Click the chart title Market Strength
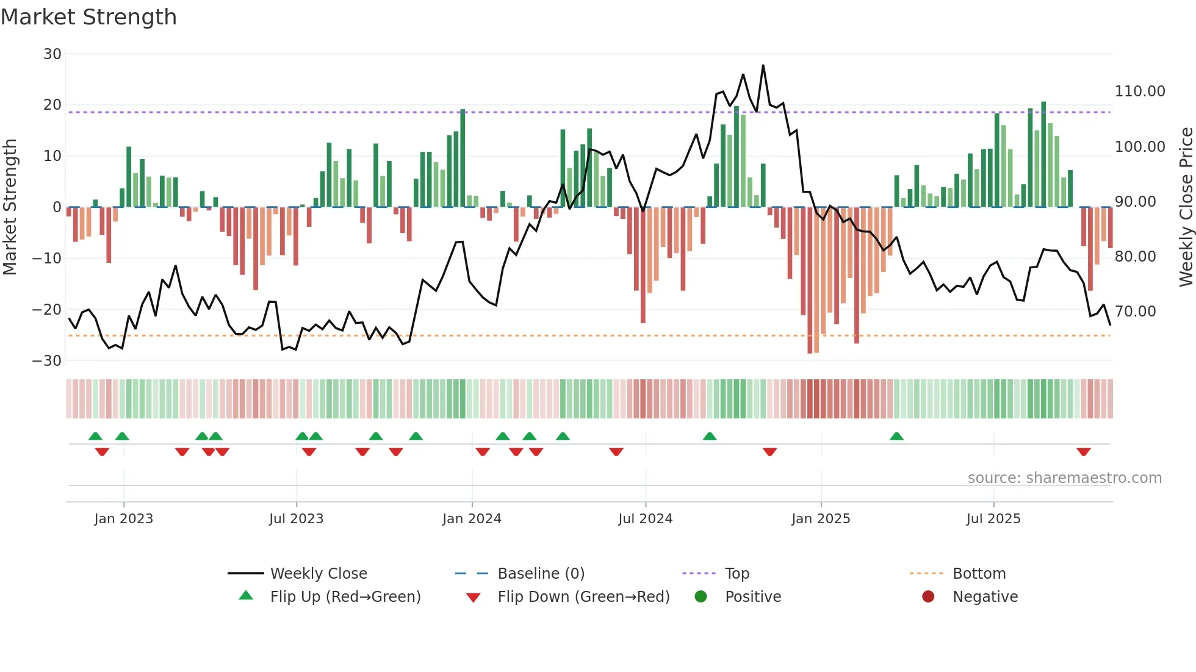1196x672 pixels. point(88,17)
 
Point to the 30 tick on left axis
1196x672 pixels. point(52,54)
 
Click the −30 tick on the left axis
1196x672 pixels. point(47,360)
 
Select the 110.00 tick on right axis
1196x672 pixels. point(1139,91)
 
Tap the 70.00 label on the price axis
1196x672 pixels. point(1135,312)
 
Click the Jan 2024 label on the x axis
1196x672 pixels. point(471,519)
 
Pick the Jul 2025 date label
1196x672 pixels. point(993,519)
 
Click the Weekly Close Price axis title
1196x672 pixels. point(1186,207)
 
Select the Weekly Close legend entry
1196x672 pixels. point(318,574)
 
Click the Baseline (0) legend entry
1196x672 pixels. point(541,574)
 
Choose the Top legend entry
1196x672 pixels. point(737,574)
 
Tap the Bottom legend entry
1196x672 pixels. point(979,574)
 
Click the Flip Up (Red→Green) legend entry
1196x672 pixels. point(345,597)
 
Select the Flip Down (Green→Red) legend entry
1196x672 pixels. point(583,597)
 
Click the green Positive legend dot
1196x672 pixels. point(701,597)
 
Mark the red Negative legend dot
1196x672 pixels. point(928,597)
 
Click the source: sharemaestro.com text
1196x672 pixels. point(1064,478)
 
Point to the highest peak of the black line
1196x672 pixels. point(763,66)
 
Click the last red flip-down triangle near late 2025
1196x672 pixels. point(1083,452)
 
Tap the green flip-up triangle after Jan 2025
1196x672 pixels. point(896,437)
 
